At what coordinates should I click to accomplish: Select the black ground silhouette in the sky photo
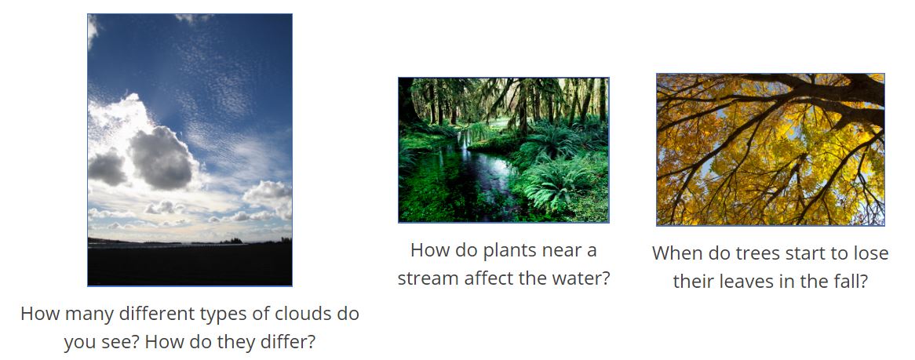point(190,264)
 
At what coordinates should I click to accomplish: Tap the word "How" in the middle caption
point(430,250)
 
